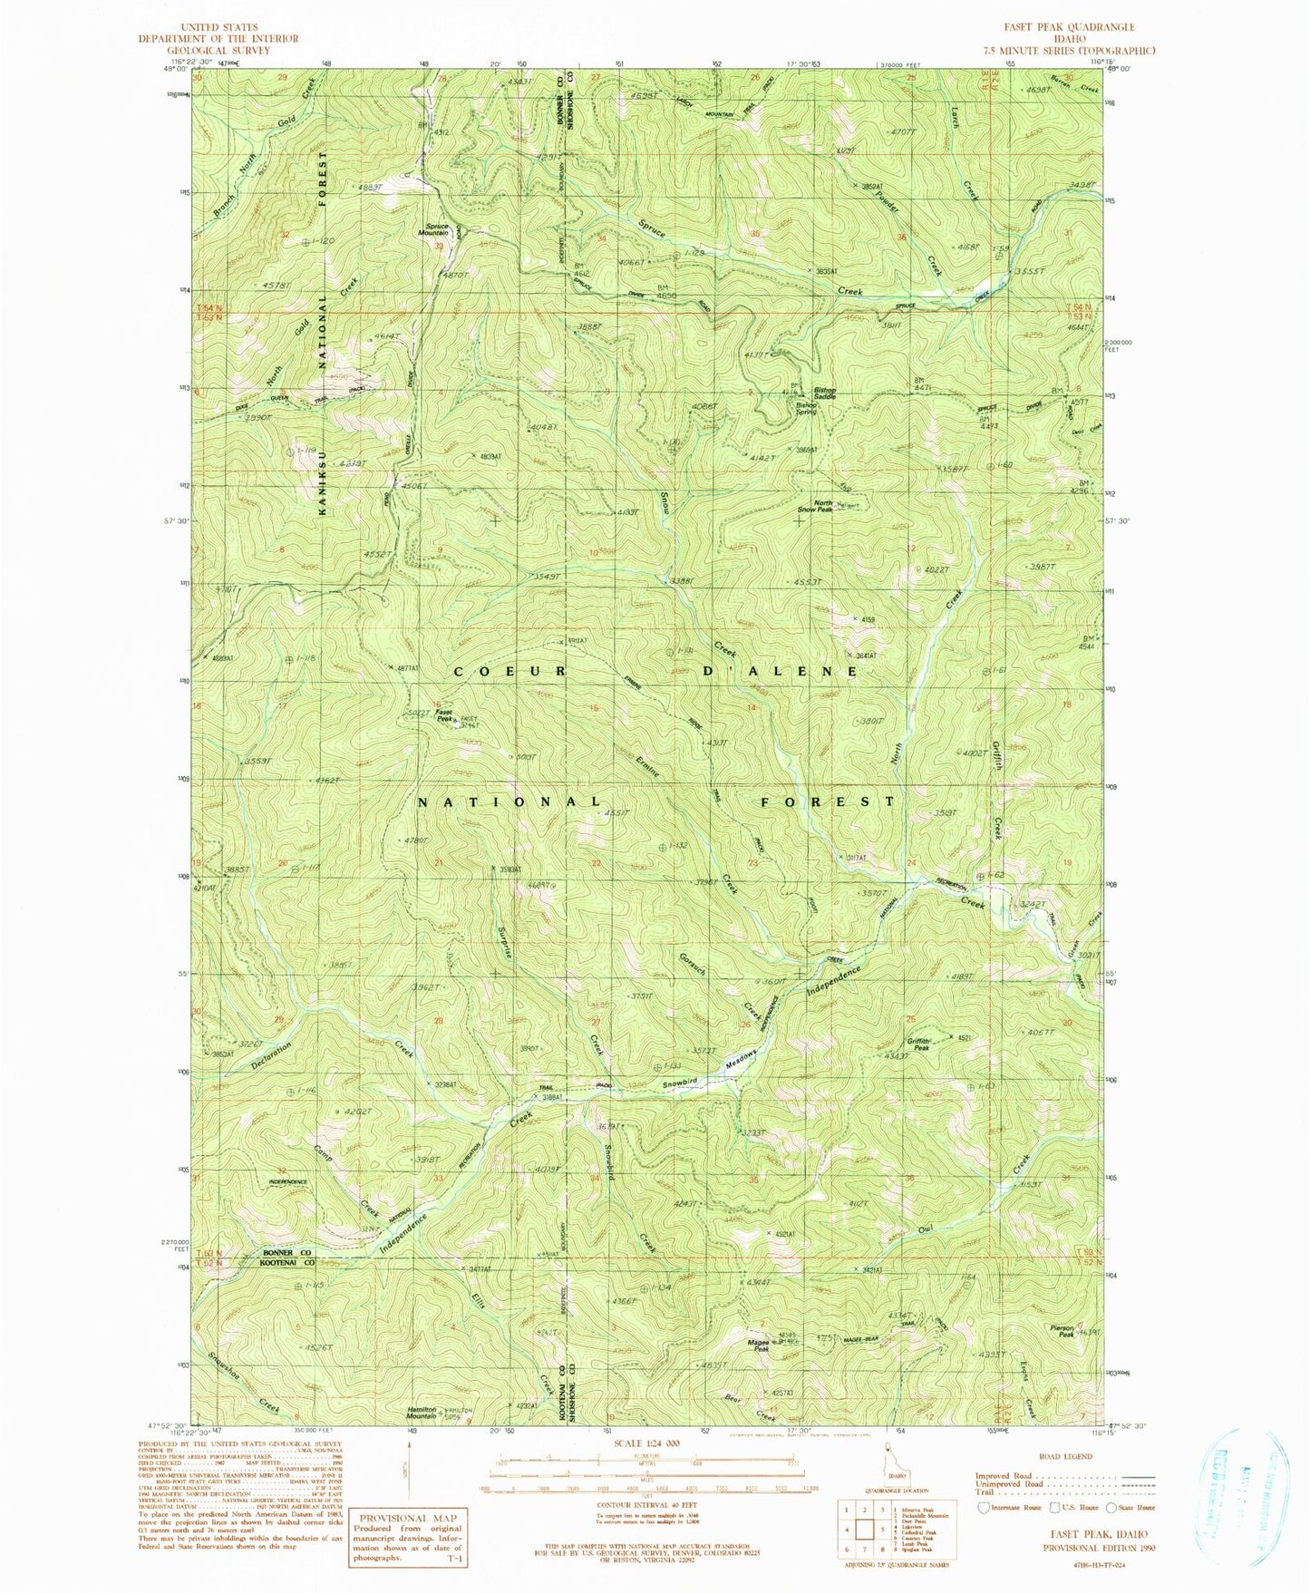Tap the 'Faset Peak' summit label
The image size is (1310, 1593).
(x=444, y=715)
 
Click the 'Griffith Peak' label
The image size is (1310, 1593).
(x=919, y=1044)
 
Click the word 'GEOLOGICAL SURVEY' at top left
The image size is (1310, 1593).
(x=217, y=51)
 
